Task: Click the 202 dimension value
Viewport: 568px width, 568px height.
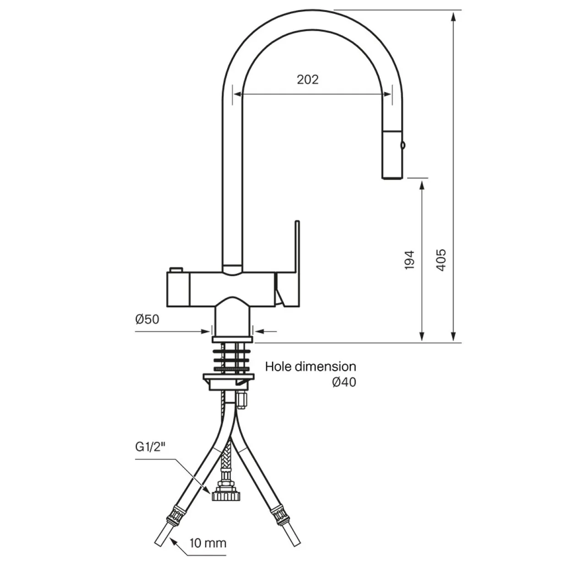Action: pos(307,80)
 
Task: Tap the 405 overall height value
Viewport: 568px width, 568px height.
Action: pos(441,260)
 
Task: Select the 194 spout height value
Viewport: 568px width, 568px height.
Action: pos(410,260)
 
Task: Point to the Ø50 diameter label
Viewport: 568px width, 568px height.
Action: pos(147,319)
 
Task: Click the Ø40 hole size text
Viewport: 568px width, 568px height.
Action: pos(344,382)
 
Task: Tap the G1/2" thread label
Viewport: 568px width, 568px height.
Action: pos(150,447)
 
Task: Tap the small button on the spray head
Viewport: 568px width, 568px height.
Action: pos(403,145)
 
